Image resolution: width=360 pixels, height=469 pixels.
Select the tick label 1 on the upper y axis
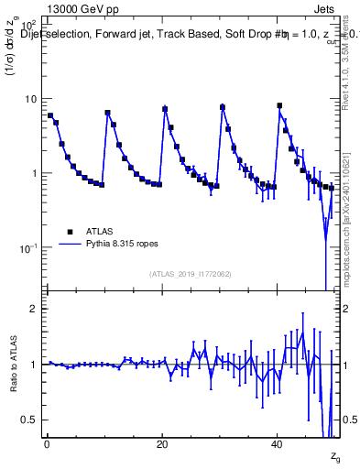point(34,173)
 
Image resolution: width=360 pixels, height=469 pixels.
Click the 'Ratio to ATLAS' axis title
point(12,365)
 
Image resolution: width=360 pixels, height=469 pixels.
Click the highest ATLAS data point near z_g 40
point(279,106)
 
